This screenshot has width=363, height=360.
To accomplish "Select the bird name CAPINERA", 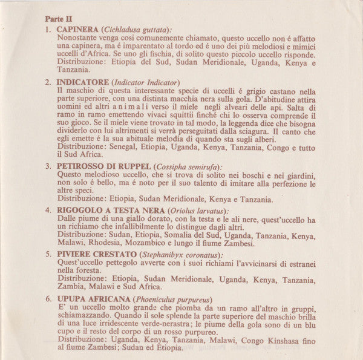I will (79, 29).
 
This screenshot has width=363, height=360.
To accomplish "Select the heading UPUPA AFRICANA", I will (93, 299).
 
